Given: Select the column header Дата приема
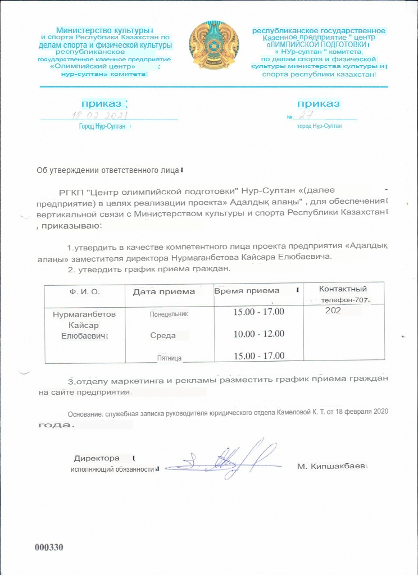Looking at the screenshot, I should pos(164,291).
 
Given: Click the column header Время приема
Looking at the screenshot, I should pos(247,290).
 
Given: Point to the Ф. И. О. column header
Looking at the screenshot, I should pos(84,291).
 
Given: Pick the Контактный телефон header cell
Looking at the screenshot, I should pos(343,294).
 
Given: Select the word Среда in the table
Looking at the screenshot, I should pos(163,335).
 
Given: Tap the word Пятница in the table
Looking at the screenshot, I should pos(171,357).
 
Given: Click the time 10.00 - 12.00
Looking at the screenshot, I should pos(259,334).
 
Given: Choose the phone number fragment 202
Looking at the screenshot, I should pos(333,310).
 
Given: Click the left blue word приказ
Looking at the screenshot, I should pos(101,104).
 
